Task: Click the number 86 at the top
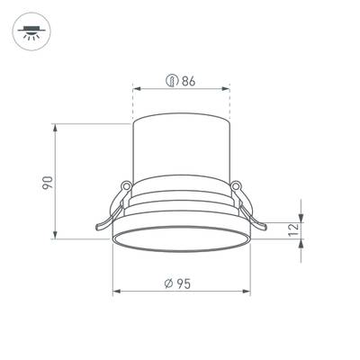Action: [x=188, y=81]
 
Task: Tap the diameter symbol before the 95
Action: [x=169, y=283]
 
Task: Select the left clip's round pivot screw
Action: [x=127, y=187]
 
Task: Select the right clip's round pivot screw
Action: [x=236, y=187]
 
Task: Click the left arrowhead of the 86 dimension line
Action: [x=137, y=88]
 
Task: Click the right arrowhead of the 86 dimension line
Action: [x=227, y=88]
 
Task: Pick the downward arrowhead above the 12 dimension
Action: [x=300, y=216]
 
